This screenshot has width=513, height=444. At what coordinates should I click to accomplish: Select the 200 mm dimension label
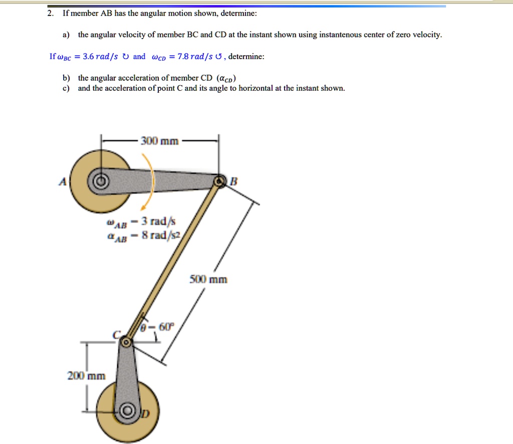click(x=87, y=375)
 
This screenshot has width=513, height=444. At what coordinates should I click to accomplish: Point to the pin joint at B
click(x=219, y=181)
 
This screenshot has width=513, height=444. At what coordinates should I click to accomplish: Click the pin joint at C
click(x=126, y=342)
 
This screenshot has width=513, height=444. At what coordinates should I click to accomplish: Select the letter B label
click(x=232, y=182)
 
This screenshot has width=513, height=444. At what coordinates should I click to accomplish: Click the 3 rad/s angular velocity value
click(x=156, y=221)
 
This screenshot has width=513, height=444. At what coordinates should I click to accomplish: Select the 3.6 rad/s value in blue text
click(x=100, y=57)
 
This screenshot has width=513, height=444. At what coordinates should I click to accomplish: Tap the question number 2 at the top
click(x=50, y=14)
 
